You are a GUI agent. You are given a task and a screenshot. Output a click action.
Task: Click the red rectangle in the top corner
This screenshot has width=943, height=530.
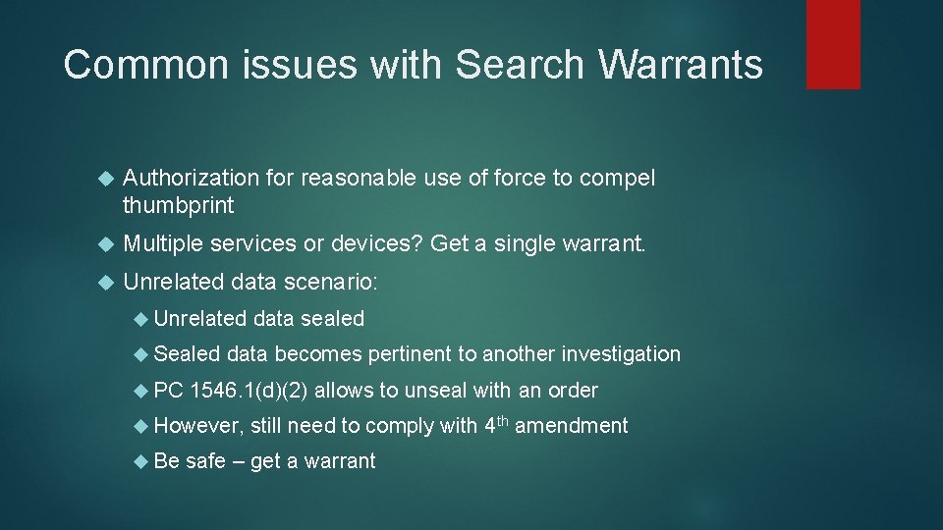coord(833,44)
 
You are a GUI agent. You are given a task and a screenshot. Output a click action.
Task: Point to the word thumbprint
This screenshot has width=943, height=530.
coord(179,205)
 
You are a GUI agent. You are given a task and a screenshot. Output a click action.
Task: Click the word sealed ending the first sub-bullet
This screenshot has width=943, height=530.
coord(332,319)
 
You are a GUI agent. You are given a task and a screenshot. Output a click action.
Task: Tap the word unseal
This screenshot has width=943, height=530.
coord(436,391)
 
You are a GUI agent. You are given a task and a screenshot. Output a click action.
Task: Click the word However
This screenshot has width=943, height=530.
coord(197,426)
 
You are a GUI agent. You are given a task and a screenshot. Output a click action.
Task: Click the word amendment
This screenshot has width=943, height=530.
coord(571,426)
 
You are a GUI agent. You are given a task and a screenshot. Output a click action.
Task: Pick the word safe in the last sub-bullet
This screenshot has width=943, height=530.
coord(205,461)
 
